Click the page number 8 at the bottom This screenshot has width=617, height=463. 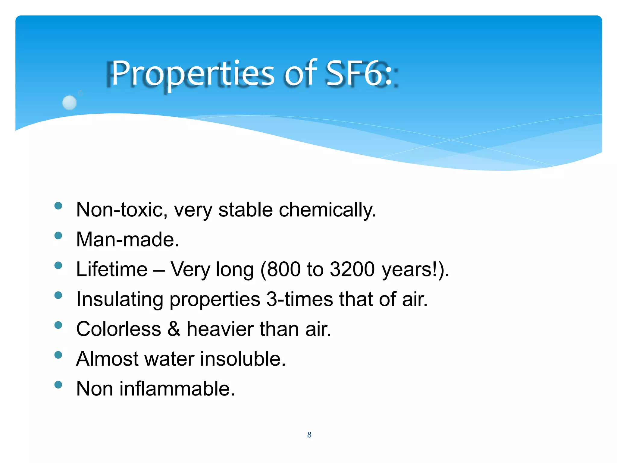click(x=309, y=435)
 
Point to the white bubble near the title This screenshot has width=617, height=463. click(x=69, y=102)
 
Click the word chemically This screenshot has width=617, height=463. click(x=327, y=210)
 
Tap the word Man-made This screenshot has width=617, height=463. click(x=127, y=240)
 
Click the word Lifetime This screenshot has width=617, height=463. click(x=112, y=269)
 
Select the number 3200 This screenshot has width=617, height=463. click(x=352, y=269)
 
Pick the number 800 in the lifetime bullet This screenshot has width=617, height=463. click(x=283, y=269)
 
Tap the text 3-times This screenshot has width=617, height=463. click(x=299, y=299)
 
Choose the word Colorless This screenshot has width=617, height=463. click(x=119, y=329)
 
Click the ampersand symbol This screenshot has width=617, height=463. click(x=174, y=329)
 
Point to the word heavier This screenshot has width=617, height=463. click(x=220, y=329)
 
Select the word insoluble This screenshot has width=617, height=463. click(x=242, y=359)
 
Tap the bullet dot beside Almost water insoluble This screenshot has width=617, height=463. click(x=58, y=355)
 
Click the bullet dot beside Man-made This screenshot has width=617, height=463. click(x=58, y=235)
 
